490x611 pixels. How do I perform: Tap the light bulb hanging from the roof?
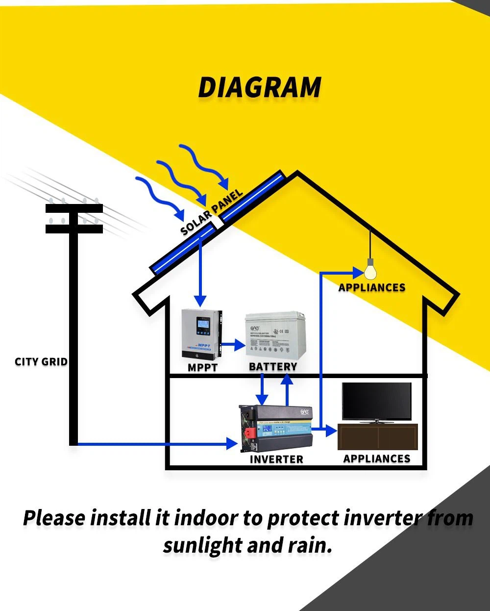370,271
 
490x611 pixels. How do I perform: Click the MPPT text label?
202,367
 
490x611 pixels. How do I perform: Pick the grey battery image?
272,337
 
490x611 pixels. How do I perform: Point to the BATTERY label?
273,367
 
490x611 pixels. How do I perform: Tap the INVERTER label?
276,459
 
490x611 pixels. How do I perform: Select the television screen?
377,401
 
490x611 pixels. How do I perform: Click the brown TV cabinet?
377,437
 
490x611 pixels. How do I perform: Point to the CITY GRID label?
41,362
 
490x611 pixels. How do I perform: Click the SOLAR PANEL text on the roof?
212,212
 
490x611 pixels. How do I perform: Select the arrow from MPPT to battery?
234,345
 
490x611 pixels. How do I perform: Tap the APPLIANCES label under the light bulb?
372,288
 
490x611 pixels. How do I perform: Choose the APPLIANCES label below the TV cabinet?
377,459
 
